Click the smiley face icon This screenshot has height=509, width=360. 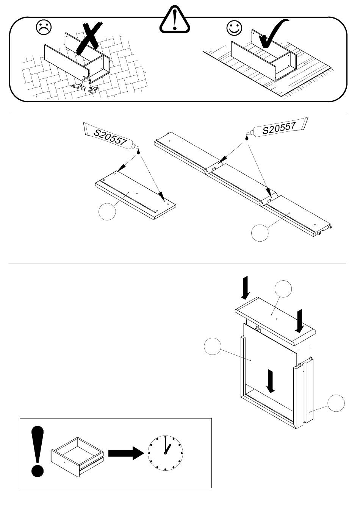[x=234, y=28]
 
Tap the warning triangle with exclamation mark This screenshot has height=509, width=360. [x=175, y=19]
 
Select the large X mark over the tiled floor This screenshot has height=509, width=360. [x=89, y=38]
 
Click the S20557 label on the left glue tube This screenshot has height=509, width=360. [x=110, y=137]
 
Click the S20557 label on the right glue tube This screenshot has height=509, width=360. [x=279, y=128]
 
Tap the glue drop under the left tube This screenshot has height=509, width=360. [x=138, y=151]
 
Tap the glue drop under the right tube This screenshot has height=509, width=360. [x=247, y=138]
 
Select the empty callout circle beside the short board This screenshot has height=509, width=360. [x=107, y=212]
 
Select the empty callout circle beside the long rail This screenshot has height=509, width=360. [x=260, y=233]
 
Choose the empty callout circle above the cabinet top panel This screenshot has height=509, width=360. [x=283, y=289]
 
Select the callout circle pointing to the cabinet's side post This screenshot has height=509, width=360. [x=336, y=403]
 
